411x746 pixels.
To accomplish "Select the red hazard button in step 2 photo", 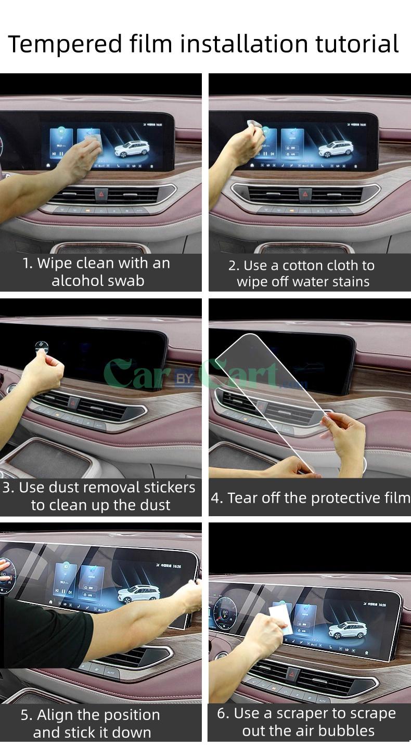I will click(305, 194).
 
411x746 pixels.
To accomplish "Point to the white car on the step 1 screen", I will click(132, 149).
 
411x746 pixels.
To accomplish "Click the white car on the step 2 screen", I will click(336, 149).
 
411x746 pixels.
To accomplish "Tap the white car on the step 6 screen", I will click(348, 630).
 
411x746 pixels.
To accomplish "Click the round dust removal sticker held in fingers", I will click(41, 347).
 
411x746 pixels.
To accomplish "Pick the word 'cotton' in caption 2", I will click(307, 266).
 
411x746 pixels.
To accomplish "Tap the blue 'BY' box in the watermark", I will click(184, 378).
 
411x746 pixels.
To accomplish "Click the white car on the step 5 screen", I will click(138, 595).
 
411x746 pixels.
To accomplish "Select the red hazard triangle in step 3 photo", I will click(72, 402).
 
